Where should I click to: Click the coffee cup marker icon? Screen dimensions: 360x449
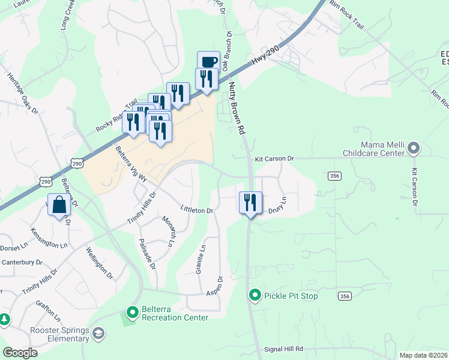pyautogui.click(x=208, y=61)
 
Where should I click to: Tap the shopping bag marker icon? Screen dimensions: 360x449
pyautogui.click(x=60, y=205)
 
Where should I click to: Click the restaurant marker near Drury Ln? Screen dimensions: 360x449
pyautogui.click(x=250, y=202)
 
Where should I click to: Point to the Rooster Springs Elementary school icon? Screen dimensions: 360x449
pyautogui.click(x=98, y=333)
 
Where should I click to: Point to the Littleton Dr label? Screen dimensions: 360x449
pyautogui.click(x=197, y=210)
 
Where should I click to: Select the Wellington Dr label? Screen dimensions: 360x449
pyautogui.click(x=99, y=262)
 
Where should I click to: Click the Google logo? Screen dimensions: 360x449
pyautogui.click(x=20, y=353)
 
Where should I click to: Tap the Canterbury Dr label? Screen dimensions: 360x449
pyautogui.click(x=22, y=262)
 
